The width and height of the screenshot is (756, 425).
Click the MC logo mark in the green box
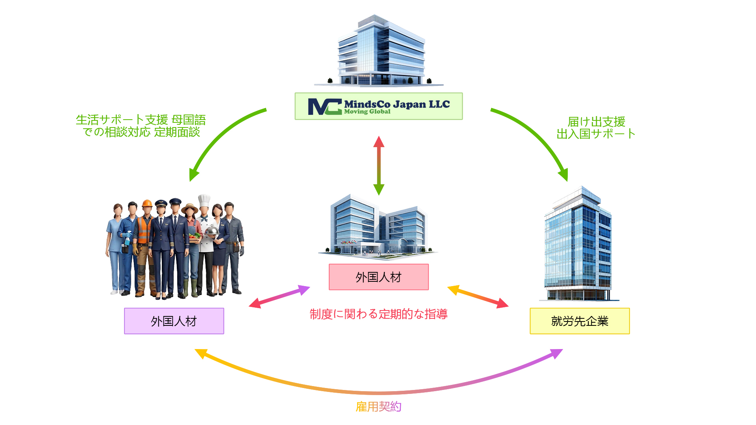click(x=324, y=106)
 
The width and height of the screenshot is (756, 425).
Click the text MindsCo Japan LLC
click(x=397, y=104)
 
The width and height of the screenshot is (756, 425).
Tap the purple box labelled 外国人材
click(x=174, y=321)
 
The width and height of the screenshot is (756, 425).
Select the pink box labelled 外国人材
click(x=378, y=277)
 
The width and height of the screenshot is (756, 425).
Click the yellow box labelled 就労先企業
click(x=580, y=321)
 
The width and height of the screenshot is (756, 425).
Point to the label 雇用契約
click(x=378, y=407)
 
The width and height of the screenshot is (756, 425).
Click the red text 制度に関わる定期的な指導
click(x=378, y=314)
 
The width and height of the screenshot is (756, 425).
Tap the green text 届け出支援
click(x=596, y=122)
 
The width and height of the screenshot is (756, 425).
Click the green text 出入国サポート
click(x=596, y=134)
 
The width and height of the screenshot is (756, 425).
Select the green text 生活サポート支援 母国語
click(x=141, y=120)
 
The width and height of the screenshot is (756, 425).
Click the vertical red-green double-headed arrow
click(x=379, y=165)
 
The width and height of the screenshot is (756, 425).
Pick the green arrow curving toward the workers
click(x=220, y=138)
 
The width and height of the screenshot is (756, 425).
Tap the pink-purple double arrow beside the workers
click(x=280, y=297)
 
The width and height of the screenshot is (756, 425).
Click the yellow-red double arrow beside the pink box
click(x=478, y=297)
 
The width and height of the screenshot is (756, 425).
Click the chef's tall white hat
click(x=204, y=200)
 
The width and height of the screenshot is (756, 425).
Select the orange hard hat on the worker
click(x=147, y=203)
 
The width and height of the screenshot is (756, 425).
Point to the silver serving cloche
click(x=212, y=230)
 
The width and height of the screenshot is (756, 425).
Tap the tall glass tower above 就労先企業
click(x=578, y=244)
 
